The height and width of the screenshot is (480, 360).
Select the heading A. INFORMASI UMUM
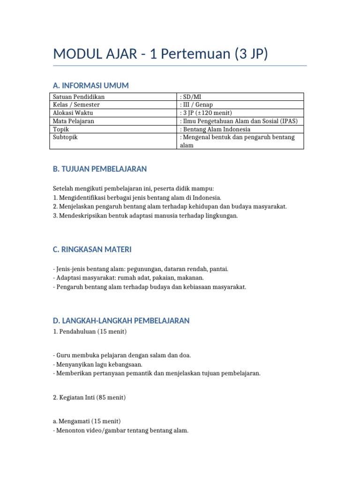pyautogui.click(x=91, y=85)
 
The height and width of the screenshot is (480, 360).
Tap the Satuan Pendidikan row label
pyautogui.click(x=79, y=97)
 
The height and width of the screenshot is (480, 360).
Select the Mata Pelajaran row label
pyautogui.click(x=74, y=121)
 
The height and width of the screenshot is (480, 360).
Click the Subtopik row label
pyautogui.click(x=65, y=137)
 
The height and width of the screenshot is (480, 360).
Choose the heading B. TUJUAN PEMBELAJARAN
pyautogui.click(x=100, y=169)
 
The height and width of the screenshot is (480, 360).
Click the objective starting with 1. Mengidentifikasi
pyautogui.click(x=137, y=198)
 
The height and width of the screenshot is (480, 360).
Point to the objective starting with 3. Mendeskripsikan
pyautogui.click(x=145, y=216)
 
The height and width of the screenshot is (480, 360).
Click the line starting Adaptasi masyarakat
pyautogui.click(x=128, y=278)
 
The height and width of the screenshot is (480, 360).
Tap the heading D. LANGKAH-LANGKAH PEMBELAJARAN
pyautogui.click(x=121, y=321)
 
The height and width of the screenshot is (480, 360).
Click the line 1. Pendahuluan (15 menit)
pyautogui.click(x=90, y=332)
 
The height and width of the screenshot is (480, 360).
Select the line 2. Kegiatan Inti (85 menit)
pyautogui.click(x=89, y=397)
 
